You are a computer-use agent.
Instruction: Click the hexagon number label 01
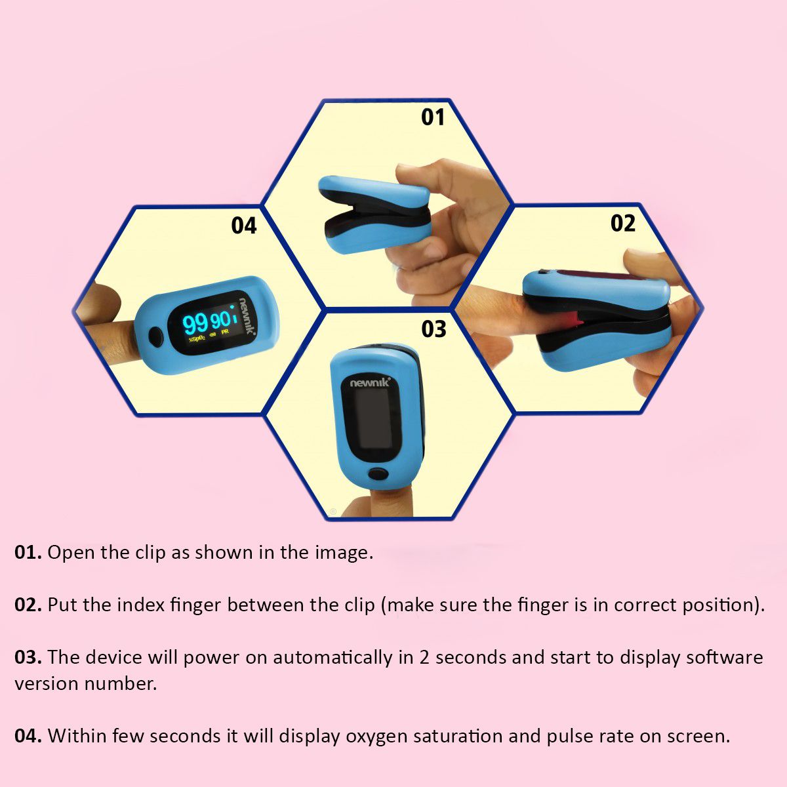(x=433, y=117)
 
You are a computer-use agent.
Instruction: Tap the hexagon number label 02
(x=623, y=224)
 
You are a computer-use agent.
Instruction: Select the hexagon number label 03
(x=434, y=329)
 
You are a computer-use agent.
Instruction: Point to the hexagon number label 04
(x=244, y=226)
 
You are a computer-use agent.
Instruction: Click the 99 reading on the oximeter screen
(x=195, y=325)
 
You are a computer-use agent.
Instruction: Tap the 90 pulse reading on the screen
(x=221, y=320)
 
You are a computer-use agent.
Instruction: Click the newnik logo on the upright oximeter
(x=370, y=382)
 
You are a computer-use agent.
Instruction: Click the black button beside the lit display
(x=156, y=337)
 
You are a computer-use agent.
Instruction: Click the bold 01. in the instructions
(x=28, y=553)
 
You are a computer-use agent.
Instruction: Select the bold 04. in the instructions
(x=28, y=736)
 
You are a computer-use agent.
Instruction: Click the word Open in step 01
(x=72, y=554)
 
